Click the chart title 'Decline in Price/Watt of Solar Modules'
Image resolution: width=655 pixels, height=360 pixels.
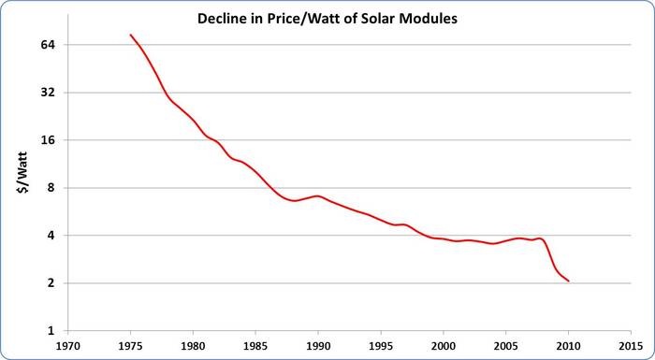coord(327,20)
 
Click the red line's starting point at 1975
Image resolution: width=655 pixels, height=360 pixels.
coord(130,35)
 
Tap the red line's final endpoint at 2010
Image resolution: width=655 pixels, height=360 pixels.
coord(568,281)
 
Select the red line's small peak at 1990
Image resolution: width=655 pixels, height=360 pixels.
coord(318,196)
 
